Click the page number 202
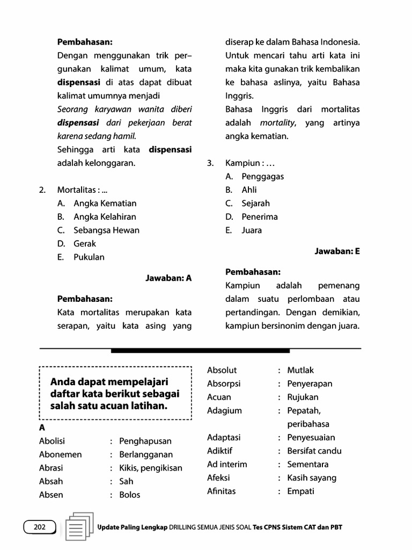coord(40,527)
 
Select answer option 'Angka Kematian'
coord(105,203)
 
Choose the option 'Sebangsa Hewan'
coord(106,230)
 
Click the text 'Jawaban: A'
coord(168,278)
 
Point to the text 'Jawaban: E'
coord(337,251)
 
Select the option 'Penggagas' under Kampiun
coord(262,176)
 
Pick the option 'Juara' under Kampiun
coord(252,230)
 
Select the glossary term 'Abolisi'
coord(52,441)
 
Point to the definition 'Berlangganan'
coord(146,454)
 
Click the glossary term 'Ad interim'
coord(227,464)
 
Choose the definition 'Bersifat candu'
coord(314,451)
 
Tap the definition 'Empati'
coord(300,491)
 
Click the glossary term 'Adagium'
coord(224,410)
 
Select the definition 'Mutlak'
coord(300,370)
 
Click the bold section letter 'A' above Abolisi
coord(42,428)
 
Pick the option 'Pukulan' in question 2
coord(89,257)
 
